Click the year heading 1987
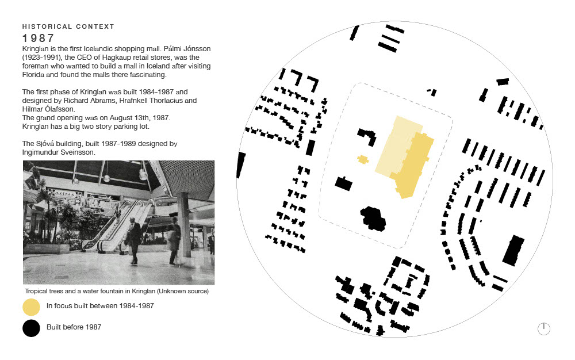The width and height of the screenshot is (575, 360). [38, 38]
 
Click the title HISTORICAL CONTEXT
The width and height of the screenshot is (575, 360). [68, 26]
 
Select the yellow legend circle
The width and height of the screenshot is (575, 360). [31, 307]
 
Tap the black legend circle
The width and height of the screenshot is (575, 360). [31, 328]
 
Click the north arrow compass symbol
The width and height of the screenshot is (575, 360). [544, 328]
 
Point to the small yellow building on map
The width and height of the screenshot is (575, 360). [363, 159]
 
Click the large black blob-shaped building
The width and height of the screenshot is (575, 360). [373, 219]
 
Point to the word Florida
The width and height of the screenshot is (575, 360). [33, 75]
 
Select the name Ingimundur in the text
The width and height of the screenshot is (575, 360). [41, 152]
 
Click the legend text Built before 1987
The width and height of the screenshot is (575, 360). [74, 327]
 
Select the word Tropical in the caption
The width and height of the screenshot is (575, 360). [37, 292]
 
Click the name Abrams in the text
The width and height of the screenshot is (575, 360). [105, 101]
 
